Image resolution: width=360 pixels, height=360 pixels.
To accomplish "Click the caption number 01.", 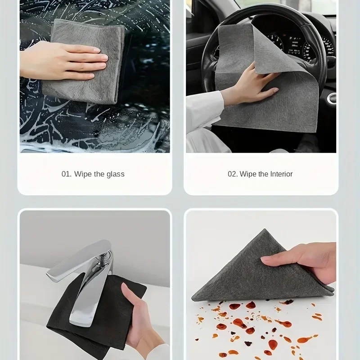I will [x=66, y=174].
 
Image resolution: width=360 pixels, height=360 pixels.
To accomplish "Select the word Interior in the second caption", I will [x=281, y=174].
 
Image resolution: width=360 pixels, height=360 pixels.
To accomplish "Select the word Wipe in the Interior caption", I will [x=248, y=174].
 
